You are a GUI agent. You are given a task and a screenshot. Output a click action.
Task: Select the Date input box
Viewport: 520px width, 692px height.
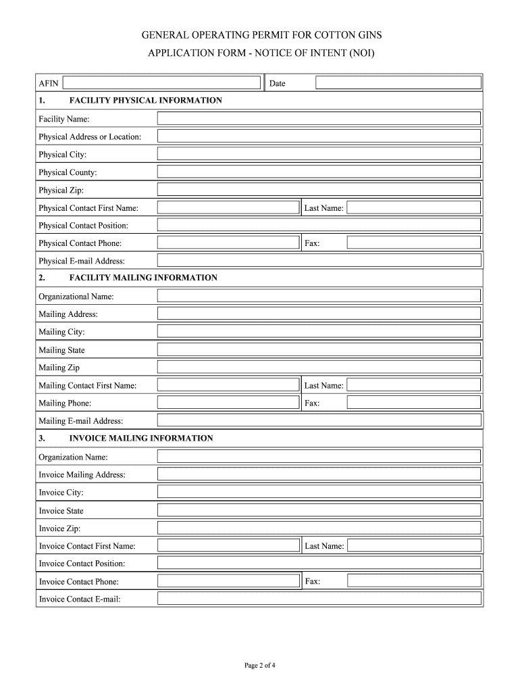398,83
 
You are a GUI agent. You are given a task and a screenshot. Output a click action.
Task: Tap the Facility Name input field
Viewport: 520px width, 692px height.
319,119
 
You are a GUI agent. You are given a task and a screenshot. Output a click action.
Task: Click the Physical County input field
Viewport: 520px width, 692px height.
319,172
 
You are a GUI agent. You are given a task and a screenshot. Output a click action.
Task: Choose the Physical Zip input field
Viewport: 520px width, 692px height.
319,190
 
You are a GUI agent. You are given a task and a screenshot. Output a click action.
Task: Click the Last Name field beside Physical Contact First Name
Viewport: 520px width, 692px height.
414,207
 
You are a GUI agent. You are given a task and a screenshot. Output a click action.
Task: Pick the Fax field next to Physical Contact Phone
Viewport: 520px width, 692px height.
414,243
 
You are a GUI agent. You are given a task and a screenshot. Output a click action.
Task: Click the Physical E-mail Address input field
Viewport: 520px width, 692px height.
319,261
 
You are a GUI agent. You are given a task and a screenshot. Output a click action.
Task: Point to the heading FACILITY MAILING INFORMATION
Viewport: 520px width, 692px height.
143,278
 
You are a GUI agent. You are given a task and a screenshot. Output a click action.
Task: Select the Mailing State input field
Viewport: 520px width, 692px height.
319,349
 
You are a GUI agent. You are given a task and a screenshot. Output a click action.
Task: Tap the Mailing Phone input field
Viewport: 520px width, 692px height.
228,403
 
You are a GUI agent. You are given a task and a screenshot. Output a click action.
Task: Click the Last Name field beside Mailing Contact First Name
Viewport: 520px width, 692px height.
414,385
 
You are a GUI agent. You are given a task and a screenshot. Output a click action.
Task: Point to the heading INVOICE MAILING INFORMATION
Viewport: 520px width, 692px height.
141,439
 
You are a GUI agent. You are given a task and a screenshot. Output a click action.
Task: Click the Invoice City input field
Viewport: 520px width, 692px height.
319,492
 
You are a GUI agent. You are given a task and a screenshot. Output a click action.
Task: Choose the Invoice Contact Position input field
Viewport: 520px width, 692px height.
319,563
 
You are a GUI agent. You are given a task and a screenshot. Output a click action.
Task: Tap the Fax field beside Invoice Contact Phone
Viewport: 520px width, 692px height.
414,580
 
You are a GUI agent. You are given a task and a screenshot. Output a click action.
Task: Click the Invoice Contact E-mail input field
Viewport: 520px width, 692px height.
319,599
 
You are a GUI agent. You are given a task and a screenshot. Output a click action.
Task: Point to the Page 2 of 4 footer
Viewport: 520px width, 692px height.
260,666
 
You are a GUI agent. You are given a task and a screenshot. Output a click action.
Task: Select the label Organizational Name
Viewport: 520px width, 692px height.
76,296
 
